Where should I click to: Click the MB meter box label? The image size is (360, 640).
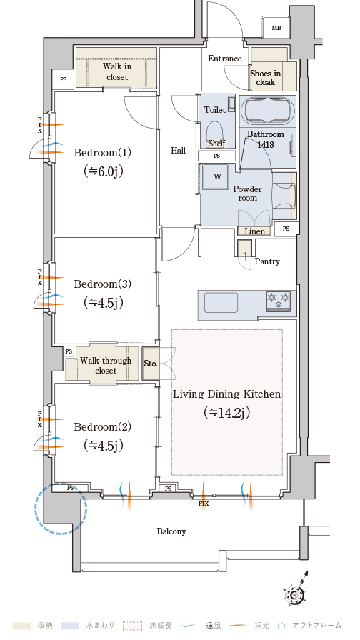(276, 28)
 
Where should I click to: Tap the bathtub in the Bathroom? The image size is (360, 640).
(267, 111)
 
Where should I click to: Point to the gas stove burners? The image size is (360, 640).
(279, 301)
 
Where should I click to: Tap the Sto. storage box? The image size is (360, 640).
(150, 364)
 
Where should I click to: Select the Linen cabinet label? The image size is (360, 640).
(255, 231)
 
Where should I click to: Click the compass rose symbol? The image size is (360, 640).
(296, 592)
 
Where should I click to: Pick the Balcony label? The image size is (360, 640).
(171, 531)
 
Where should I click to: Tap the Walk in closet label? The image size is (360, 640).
(117, 71)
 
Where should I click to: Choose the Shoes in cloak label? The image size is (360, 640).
(266, 78)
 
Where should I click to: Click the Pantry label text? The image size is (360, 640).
(267, 261)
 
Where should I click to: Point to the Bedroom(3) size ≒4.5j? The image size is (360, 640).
(104, 303)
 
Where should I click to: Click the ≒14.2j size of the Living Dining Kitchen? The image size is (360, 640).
(226, 413)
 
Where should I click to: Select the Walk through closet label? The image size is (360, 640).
(106, 365)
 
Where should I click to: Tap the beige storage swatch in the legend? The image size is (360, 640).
(22, 626)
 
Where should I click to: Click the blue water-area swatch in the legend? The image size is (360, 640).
(70, 626)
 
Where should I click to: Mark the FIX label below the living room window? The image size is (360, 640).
(204, 504)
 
